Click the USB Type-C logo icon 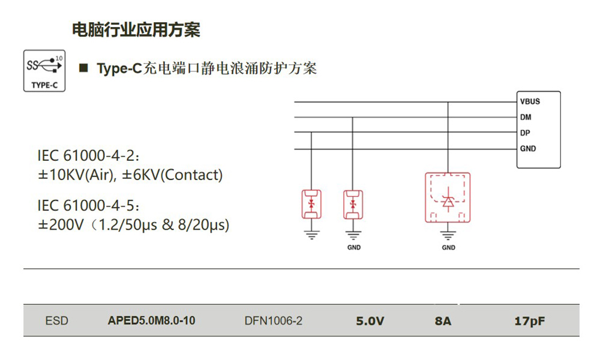pos(44,71)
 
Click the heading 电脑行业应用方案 pos(136,29)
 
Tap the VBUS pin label pos(530,101)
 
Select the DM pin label pos(526,117)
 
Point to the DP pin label pos(526,133)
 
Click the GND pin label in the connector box pos(528,148)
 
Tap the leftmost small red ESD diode pos(311,203)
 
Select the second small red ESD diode pos(353,203)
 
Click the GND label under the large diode pos(448,247)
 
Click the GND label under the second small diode pos(354,247)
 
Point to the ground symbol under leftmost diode pos(311,235)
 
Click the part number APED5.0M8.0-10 pos(151,321)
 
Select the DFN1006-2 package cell pos(273,321)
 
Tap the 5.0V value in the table pos(370,321)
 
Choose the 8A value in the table pos(443,321)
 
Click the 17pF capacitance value pos(529,321)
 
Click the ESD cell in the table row pos(57,321)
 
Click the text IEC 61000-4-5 pos(88,206)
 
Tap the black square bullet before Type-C pos(84,68)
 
